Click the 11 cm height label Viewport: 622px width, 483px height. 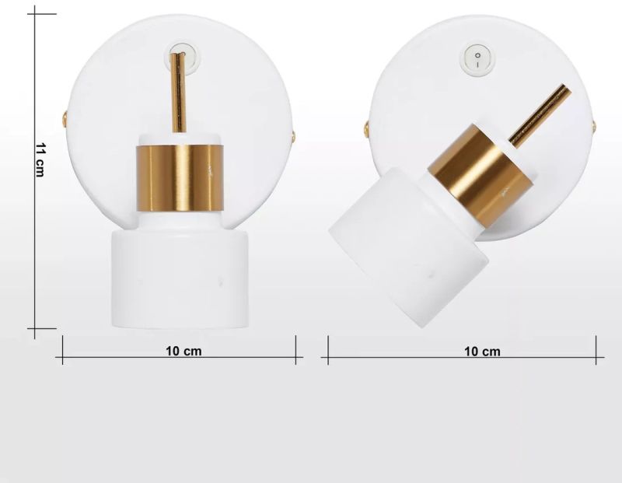pos(40,159)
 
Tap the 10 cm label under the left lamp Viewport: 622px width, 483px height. pos(183,352)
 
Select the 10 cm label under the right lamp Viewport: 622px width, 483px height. pos(482,352)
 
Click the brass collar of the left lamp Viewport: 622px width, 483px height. pos(180,178)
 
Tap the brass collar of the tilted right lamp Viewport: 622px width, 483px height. pos(480,175)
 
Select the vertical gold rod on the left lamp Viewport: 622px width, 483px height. pos(178,93)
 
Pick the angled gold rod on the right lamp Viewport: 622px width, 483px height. pos(540,117)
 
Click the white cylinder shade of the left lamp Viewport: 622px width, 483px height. pos(180,278)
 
